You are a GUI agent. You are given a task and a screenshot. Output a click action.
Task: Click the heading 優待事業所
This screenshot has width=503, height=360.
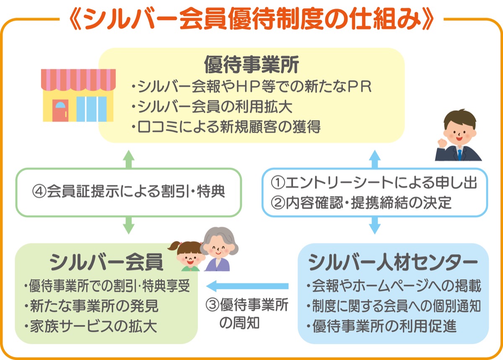point(251,65)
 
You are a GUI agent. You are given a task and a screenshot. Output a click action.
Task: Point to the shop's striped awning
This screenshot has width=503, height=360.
point(78,80)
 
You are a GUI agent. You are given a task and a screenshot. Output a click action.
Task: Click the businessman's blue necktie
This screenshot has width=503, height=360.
point(460,154)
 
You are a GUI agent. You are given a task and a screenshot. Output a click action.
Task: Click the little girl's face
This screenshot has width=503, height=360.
point(188,255)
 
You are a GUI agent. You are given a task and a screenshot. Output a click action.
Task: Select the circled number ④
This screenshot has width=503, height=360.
point(39,192)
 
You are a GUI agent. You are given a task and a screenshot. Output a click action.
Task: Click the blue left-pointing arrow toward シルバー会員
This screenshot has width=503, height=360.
point(247,286)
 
